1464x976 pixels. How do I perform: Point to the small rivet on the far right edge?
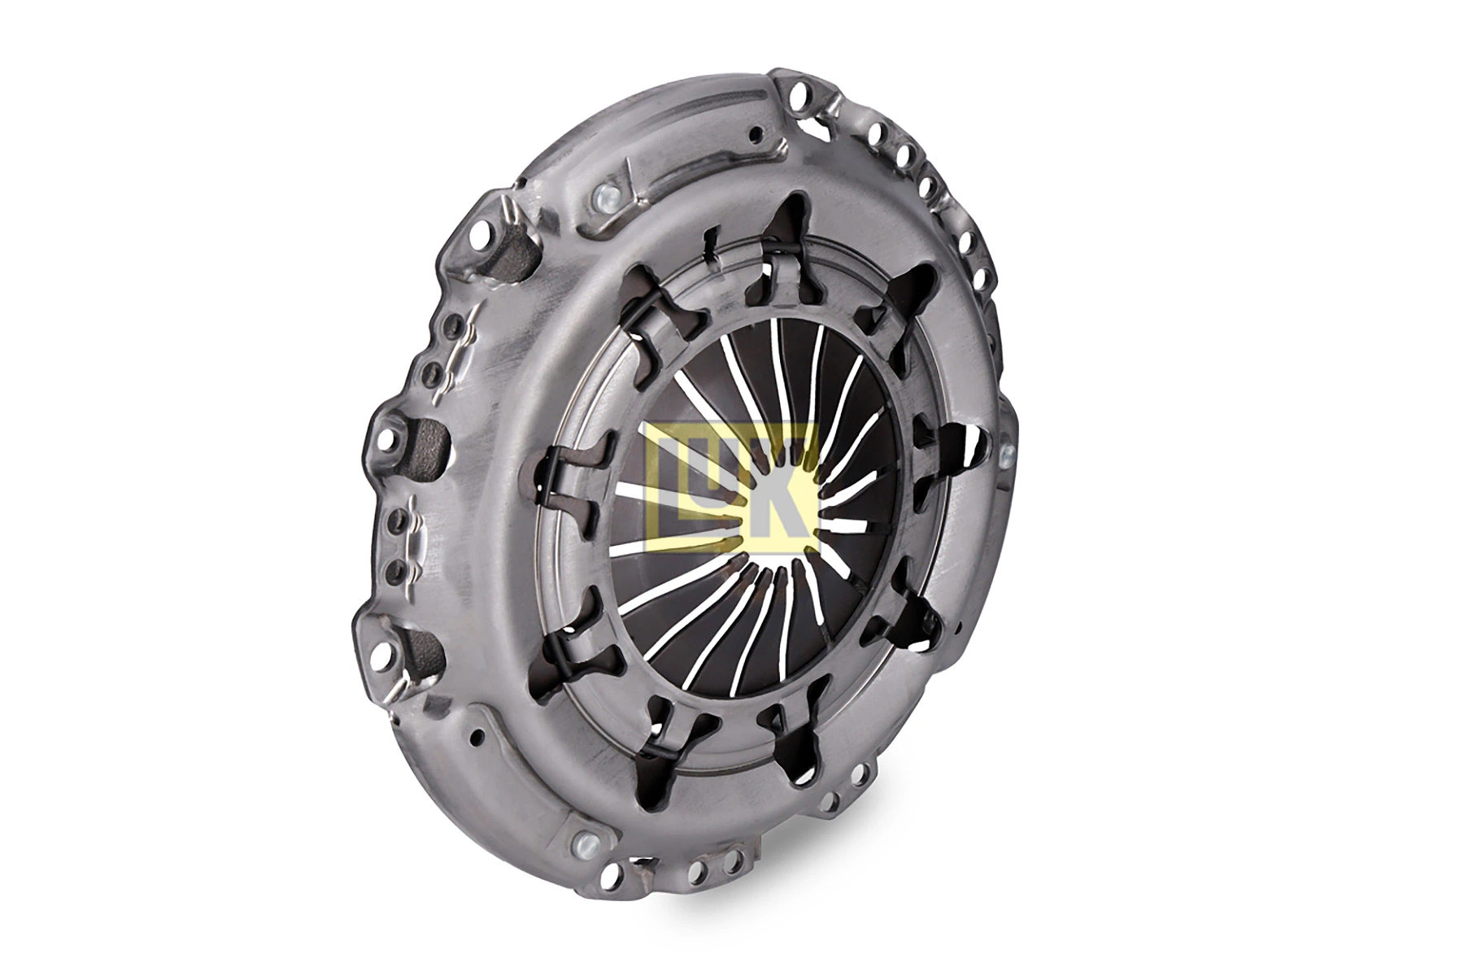pos(1009,452)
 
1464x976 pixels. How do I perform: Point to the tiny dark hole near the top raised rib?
pos(758,133)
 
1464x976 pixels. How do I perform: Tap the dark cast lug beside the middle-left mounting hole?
pos(428,443)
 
